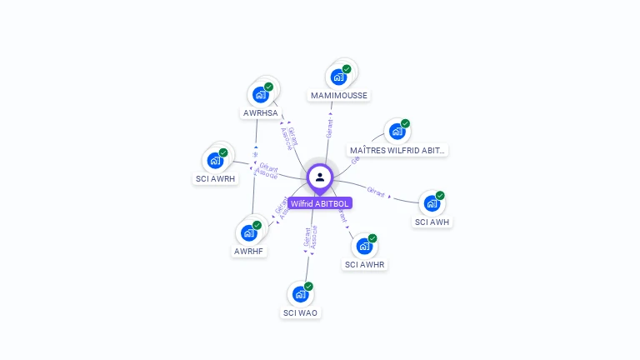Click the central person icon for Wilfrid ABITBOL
pos(320,177)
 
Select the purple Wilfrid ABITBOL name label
pos(320,203)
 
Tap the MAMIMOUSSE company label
pos(338,96)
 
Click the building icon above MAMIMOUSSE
pos(338,77)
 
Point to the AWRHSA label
pos(261,113)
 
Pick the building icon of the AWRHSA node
pos(261,94)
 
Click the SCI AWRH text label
pos(216,179)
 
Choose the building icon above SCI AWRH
pos(216,160)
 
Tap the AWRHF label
pos(248,251)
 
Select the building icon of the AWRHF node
pos(248,232)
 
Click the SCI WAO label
pos(300,313)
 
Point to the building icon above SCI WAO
pos(300,294)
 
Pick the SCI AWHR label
pos(365,265)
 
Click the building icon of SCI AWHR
pos(364,246)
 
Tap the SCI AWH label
pos(432,222)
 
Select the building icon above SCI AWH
pos(432,203)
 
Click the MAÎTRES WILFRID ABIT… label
pos(397,151)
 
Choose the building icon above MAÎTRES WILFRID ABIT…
pos(397,131)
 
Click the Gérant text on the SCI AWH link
pos(376,192)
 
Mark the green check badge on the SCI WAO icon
pos(308,287)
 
